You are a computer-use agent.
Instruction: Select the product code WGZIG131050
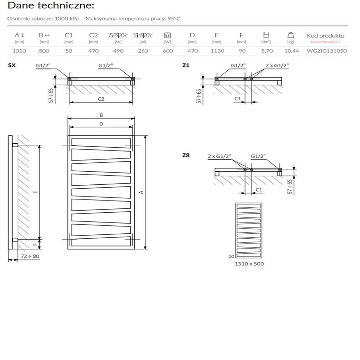(x=327, y=51)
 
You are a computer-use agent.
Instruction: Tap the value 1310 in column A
(x=19, y=51)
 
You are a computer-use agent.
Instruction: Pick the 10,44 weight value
(x=292, y=51)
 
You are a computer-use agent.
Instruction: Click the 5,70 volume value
(x=267, y=51)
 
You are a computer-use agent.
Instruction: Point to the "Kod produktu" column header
(x=325, y=36)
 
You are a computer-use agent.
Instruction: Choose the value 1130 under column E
(x=217, y=51)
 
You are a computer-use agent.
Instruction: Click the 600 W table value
(x=168, y=51)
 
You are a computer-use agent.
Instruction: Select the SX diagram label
(x=11, y=65)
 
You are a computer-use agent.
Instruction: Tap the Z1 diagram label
(x=186, y=65)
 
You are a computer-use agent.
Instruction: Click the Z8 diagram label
(x=186, y=156)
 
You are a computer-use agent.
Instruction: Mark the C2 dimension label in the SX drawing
(x=101, y=99)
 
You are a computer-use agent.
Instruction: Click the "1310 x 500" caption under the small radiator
(x=249, y=264)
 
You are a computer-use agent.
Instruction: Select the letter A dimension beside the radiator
(x=141, y=192)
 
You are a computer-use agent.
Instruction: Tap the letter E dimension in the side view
(x=35, y=192)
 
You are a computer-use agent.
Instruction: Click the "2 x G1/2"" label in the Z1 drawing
(x=277, y=65)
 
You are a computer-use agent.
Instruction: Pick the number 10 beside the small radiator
(x=231, y=256)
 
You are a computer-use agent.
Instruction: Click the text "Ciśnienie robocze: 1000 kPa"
(x=43, y=19)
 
